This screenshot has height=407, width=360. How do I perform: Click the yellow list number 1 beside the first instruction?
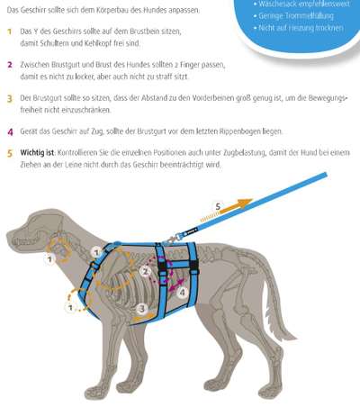click(9, 32)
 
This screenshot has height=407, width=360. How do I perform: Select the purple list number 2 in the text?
click(10, 65)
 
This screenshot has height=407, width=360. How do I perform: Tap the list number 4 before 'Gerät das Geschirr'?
click(10, 131)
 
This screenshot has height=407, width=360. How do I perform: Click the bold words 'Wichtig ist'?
click(37, 152)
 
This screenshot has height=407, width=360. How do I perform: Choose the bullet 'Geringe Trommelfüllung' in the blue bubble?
click(296, 16)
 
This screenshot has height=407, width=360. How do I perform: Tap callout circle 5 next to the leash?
click(218, 206)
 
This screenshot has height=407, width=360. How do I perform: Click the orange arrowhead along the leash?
click(245, 203)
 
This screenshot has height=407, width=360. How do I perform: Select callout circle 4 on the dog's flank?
click(183, 292)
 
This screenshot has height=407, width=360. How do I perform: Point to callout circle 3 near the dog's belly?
click(142, 309)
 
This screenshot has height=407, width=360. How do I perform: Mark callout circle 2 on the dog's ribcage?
click(146, 272)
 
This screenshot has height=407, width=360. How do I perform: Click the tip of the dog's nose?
click(8, 236)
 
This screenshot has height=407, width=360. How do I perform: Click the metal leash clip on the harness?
click(172, 240)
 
